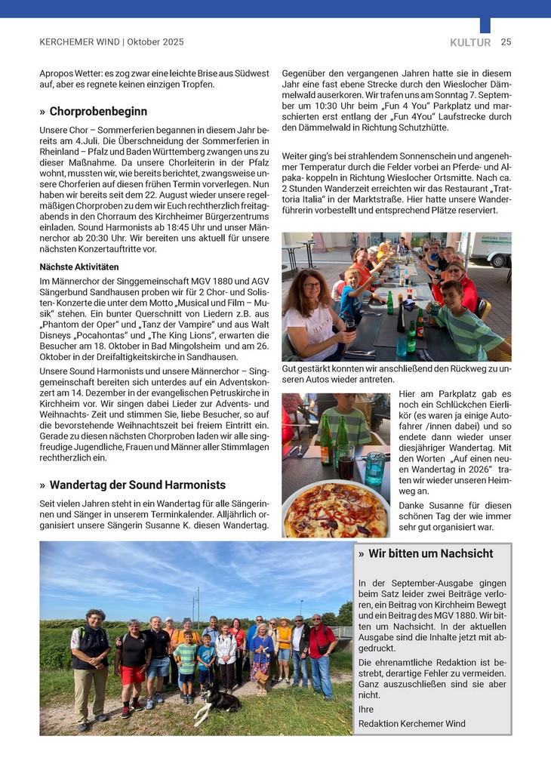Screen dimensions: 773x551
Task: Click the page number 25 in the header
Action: [506, 42]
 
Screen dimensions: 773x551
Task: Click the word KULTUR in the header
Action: [470, 43]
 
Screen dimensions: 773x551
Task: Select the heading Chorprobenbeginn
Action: [98, 112]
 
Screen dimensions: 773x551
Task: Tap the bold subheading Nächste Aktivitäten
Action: [79, 267]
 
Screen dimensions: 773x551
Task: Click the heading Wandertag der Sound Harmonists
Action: [137, 485]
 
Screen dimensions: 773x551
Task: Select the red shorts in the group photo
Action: [133, 674]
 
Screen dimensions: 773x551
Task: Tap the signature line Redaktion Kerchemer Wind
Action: [412, 723]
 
